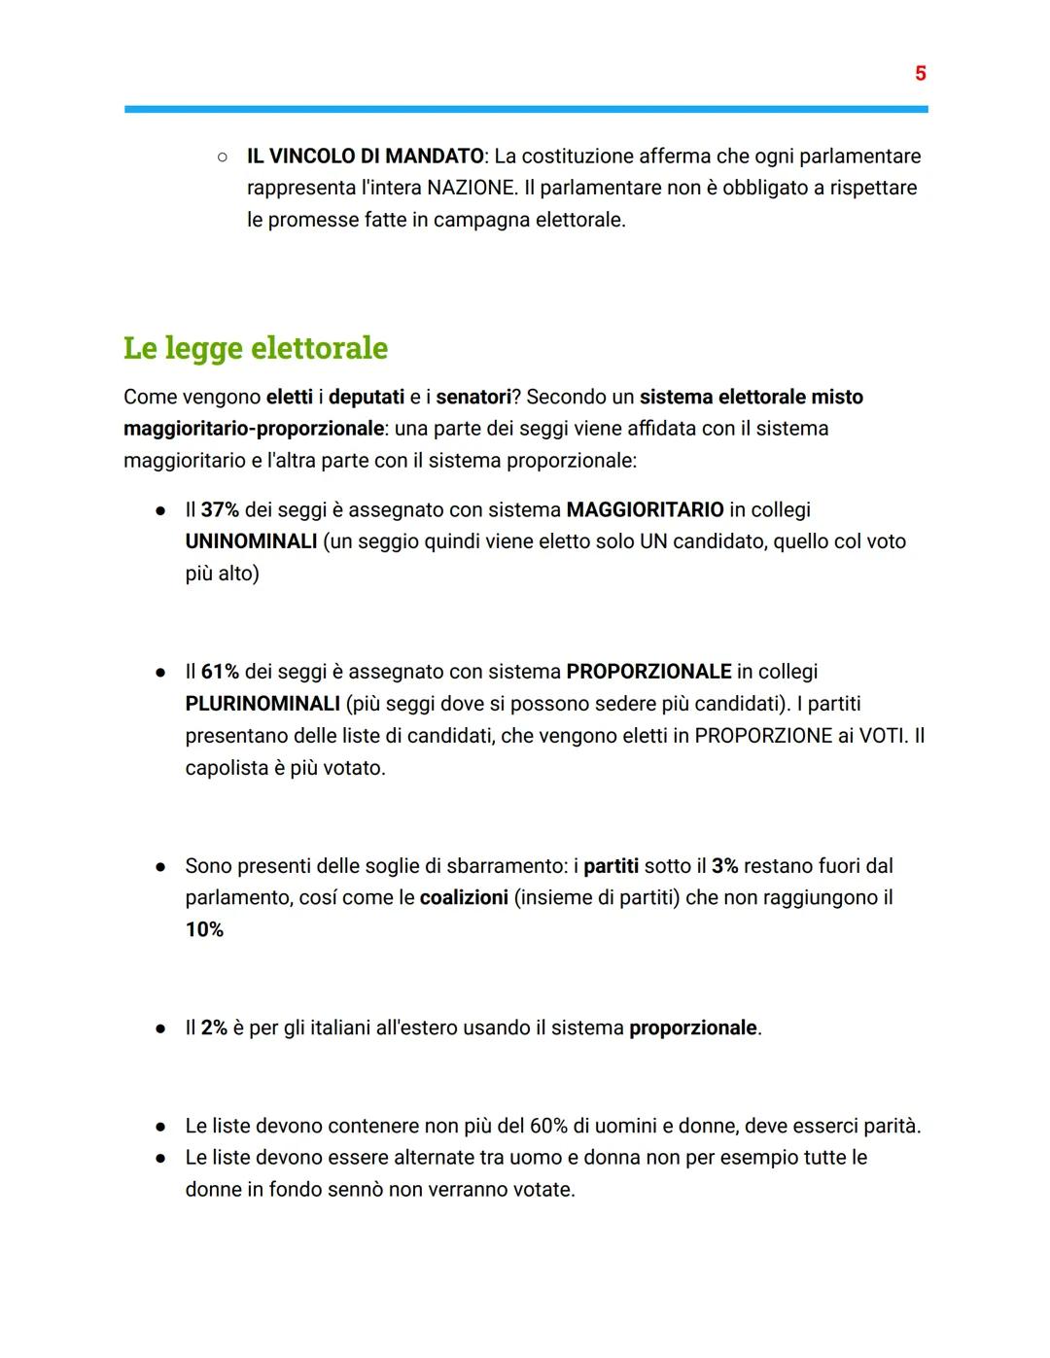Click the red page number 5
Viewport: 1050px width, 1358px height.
coord(920,74)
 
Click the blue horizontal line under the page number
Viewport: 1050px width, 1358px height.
coord(525,109)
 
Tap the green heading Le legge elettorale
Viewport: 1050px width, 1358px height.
coord(256,348)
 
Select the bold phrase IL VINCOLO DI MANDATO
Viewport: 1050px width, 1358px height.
coord(365,157)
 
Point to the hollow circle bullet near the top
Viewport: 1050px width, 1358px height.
coord(222,157)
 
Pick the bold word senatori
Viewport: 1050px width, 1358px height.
coord(473,397)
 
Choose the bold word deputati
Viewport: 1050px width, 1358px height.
coord(367,397)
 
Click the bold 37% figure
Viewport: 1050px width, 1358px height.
coord(220,510)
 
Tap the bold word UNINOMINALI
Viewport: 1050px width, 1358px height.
coord(251,541)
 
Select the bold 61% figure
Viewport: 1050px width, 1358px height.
coord(220,672)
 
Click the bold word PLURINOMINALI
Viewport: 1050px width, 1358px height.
coord(262,704)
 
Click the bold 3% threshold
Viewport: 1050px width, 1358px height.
coord(724,866)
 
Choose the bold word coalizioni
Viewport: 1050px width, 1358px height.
coord(464,898)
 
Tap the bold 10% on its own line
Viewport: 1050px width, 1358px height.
coord(204,930)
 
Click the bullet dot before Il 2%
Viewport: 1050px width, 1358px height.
coord(160,1028)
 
